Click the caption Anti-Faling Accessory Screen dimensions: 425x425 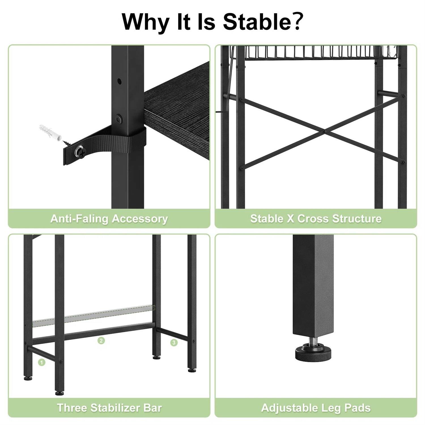[x=109, y=219]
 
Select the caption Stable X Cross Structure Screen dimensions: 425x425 [x=316, y=219]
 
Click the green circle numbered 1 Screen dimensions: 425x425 [x=42, y=362]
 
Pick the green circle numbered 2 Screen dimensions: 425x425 [x=101, y=340]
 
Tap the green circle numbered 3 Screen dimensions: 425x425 [x=174, y=343]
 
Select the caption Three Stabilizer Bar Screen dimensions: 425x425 [x=109, y=408]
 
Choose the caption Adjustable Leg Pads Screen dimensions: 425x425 [x=316, y=408]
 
